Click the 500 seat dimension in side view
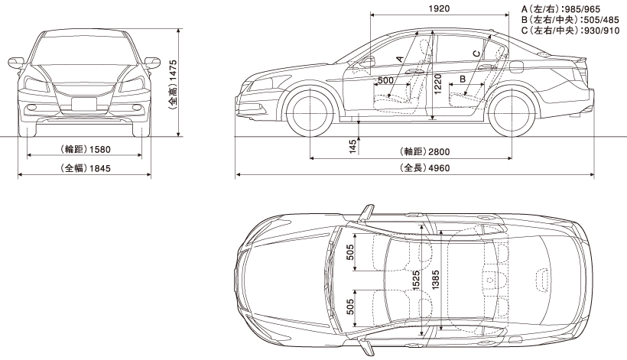pos(385,80)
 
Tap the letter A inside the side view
pos(399,57)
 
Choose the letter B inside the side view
pos(463,79)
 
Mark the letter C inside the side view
pos(476,53)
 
